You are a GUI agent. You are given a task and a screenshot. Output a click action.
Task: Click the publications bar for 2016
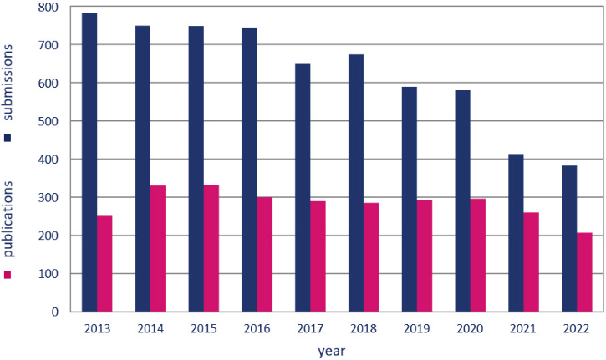coord(264,254)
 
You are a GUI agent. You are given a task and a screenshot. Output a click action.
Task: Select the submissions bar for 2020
coord(462,200)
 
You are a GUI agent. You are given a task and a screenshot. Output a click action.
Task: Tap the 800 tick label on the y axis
coord(49,8)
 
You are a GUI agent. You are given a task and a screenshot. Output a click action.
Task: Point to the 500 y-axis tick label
coord(49,121)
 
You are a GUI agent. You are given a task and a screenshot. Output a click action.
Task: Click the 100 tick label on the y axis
coord(49,274)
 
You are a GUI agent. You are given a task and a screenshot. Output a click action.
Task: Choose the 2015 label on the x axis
coord(203,328)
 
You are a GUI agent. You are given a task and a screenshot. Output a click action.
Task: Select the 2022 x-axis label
coord(577,328)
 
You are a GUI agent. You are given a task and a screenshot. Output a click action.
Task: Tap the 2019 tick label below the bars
coord(417,328)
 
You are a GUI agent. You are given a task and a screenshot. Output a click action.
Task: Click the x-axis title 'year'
coord(331,351)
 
